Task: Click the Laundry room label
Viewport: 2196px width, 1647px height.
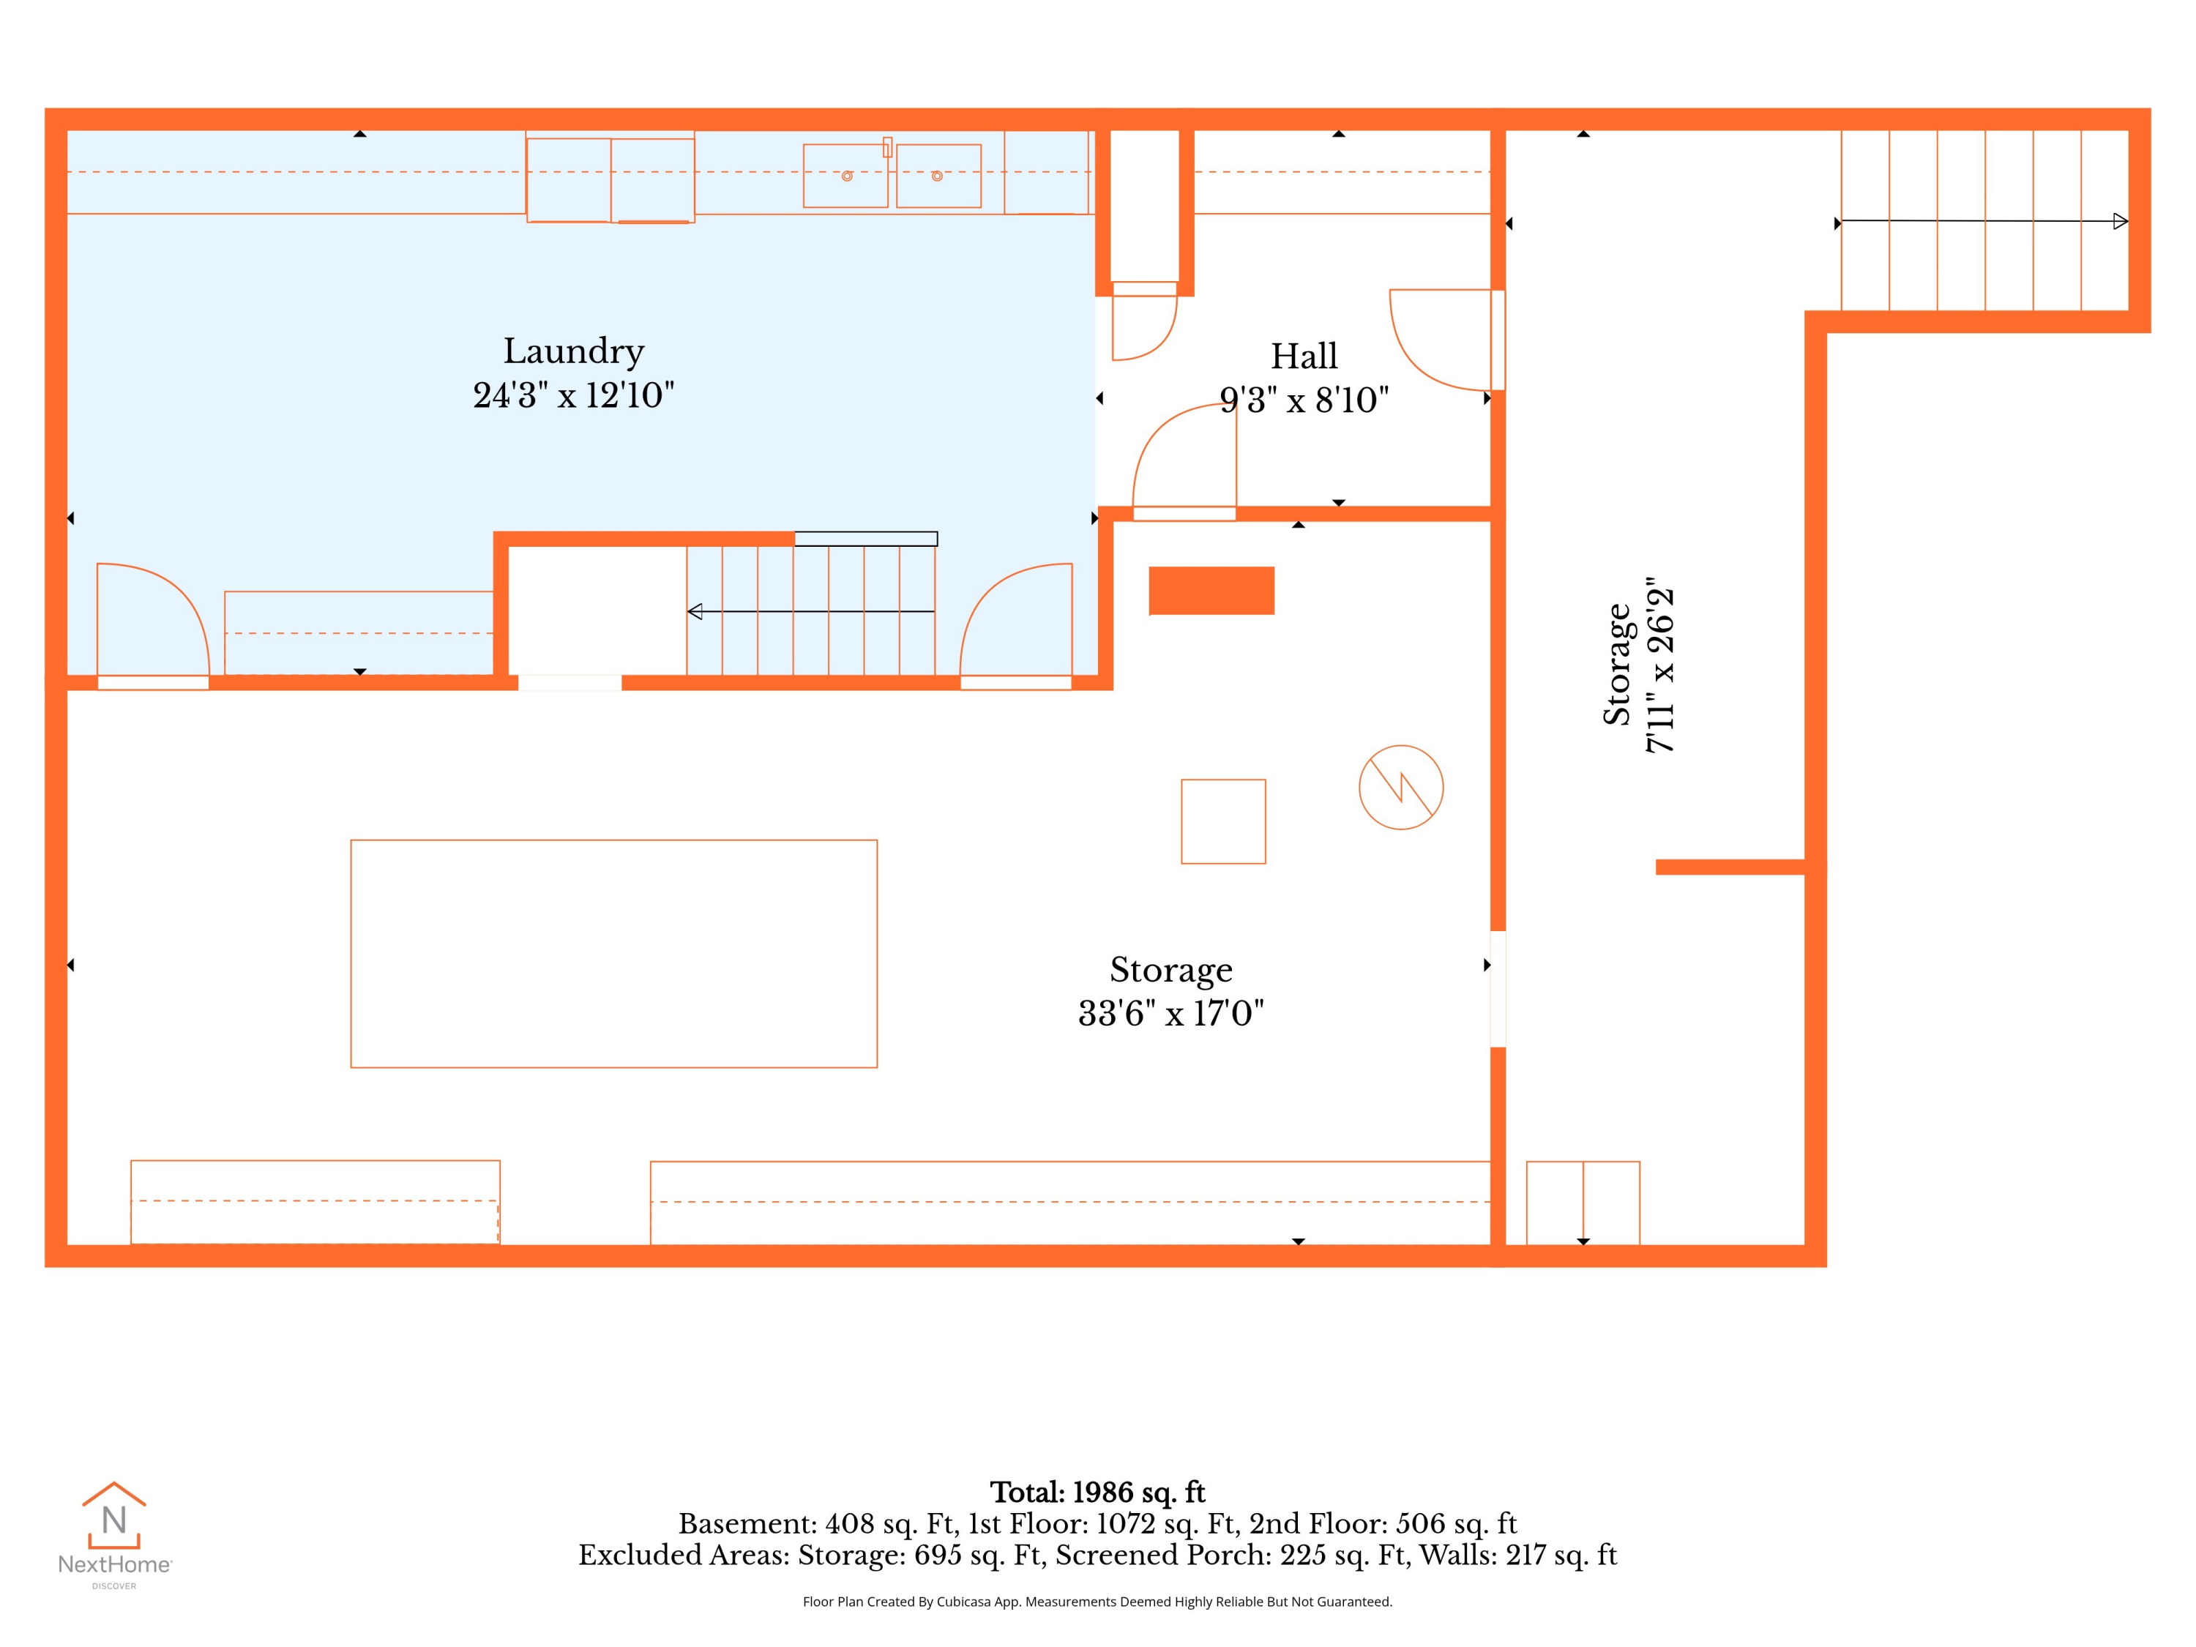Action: (574, 352)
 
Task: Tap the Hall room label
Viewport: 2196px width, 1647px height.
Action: (1304, 356)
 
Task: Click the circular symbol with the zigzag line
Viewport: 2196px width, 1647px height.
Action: (1401, 787)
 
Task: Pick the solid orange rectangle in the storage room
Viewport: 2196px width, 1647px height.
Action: (1211, 591)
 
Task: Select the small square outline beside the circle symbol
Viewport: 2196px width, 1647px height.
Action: (1223, 821)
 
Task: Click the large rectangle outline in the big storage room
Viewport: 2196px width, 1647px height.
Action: (613, 954)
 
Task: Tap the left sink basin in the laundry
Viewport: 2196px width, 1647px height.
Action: (846, 176)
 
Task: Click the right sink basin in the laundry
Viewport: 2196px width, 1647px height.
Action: (939, 176)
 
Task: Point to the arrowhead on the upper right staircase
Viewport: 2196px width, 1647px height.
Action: (2120, 221)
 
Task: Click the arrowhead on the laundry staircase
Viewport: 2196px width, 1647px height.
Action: (695, 611)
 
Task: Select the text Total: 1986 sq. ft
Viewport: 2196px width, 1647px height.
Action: (1097, 1492)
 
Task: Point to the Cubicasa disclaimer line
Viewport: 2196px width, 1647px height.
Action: (1097, 1602)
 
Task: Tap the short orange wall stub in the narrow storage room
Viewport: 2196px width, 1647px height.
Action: (1730, 867)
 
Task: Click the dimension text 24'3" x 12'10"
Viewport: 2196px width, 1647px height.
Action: (574, 395)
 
